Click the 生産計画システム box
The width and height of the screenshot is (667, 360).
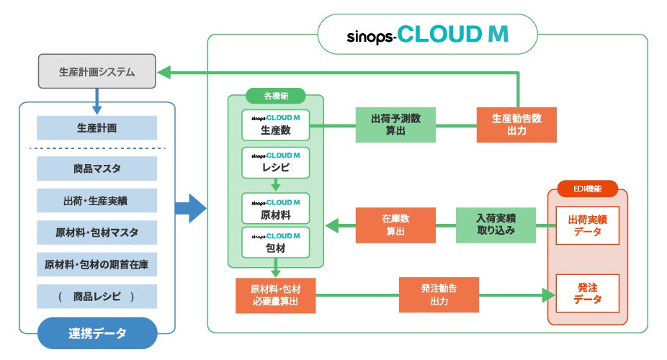[97, 72]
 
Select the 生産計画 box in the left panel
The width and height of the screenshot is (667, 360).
[97, 128]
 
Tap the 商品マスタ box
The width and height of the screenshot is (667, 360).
[97, 168]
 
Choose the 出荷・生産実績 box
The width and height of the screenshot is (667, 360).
[97, 201]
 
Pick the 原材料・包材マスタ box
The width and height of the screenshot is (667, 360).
[97, 233]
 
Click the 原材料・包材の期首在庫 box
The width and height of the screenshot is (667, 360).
[97, 264]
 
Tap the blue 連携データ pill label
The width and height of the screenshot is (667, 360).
[97, 333]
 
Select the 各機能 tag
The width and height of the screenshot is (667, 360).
[275, 95]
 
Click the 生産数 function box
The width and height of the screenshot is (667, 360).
[275, 125]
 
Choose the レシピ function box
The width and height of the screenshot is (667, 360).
[275, 163]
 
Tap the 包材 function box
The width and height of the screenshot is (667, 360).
[275, 243]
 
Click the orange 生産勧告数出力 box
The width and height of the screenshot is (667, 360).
[516, 125]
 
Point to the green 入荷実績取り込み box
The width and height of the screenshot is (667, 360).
[496, 225]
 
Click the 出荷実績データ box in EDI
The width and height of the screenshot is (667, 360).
[587, 225]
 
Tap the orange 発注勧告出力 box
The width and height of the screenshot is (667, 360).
[439, 294]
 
